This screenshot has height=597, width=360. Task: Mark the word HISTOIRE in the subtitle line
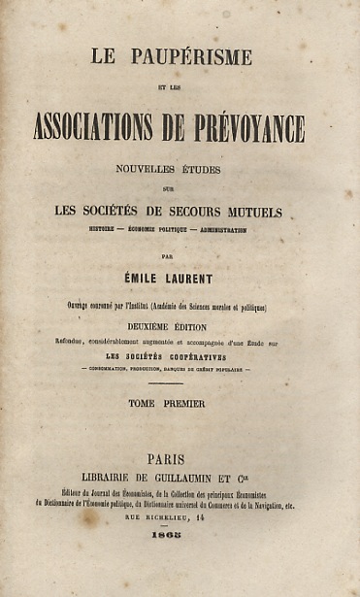click(x=107, y=230)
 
